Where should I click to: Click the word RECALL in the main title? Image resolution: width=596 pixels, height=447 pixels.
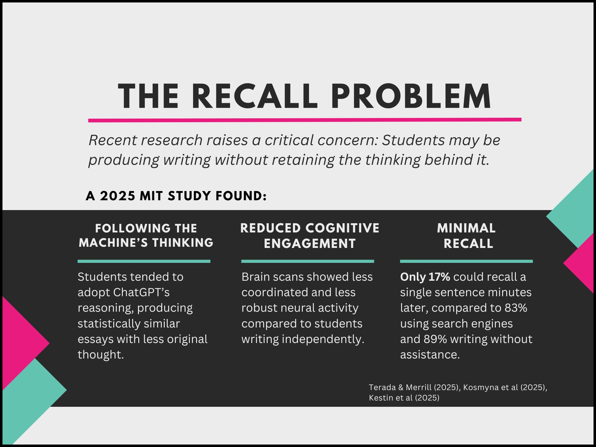255,96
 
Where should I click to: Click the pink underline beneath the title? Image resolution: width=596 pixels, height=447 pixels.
305,120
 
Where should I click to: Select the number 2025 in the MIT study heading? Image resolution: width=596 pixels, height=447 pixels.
118,196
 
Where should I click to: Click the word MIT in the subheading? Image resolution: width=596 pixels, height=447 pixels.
151,196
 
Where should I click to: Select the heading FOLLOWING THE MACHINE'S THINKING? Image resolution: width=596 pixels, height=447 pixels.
146,235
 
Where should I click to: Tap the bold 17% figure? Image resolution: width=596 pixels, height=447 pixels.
439,277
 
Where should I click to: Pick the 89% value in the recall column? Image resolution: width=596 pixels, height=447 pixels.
435,339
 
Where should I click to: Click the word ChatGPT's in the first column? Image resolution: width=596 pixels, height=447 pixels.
142,292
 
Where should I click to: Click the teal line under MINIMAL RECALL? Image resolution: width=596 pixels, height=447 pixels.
466,261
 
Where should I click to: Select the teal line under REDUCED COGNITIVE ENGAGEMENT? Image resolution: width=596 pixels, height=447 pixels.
308,261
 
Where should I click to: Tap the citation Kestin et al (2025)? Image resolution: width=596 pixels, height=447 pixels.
404,398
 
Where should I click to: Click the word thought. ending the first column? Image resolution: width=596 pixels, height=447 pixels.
101,355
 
